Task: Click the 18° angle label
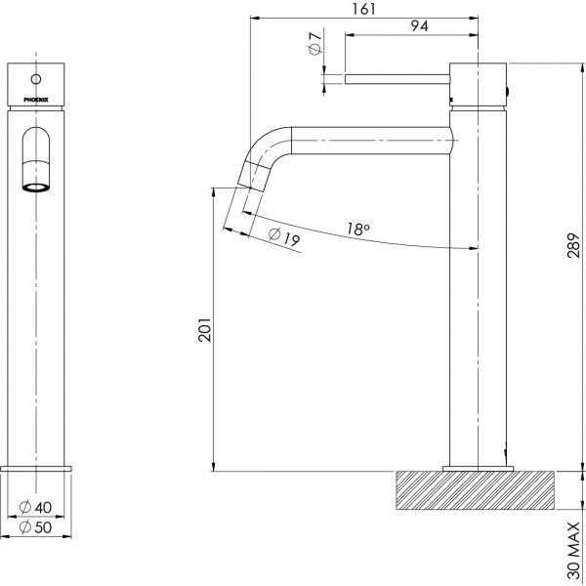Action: pyautogui.click(x=357, y=230)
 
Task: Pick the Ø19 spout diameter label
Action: pyautogui.click(x=283, y=237)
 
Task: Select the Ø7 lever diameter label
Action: pyautogui.click(x=314, y=44)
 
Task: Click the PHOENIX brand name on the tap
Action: pyautogui.click(x=36, y=99)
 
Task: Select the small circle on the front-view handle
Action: pyautogui.click(x=36, y=78)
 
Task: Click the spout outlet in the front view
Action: pyautogui.click(x=36, y=184)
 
